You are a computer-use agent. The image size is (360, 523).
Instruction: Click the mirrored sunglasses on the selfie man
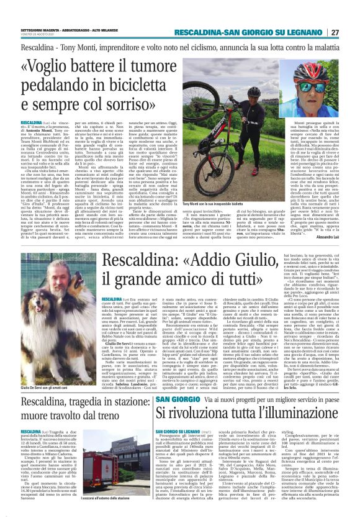[x=313, y=82]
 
